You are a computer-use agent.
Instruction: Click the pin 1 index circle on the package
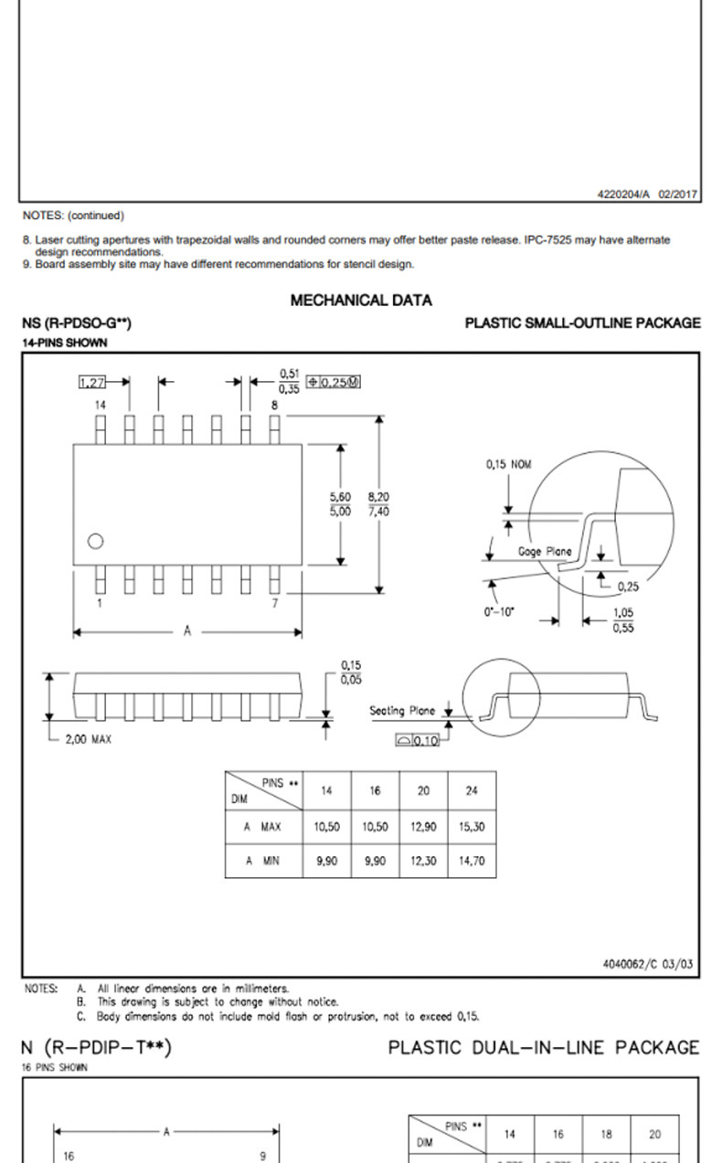96,541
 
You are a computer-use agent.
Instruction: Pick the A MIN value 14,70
472,861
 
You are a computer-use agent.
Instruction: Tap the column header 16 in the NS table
375,791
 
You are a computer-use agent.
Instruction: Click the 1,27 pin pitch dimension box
92,382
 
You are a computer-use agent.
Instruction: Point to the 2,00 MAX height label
88,739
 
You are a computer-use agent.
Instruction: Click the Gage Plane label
545,551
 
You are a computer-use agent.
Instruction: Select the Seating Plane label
402,710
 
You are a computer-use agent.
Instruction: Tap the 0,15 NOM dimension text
508,464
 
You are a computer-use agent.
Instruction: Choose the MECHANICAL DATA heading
361,300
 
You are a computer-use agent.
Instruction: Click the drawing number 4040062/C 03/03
647,964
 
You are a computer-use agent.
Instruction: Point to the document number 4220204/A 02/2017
647,193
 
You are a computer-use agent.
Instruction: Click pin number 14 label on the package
100,404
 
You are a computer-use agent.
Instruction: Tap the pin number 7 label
273,603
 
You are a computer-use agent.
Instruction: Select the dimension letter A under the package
187,631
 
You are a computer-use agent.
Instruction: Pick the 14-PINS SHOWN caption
64,343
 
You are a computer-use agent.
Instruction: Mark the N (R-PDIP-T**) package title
96,1047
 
